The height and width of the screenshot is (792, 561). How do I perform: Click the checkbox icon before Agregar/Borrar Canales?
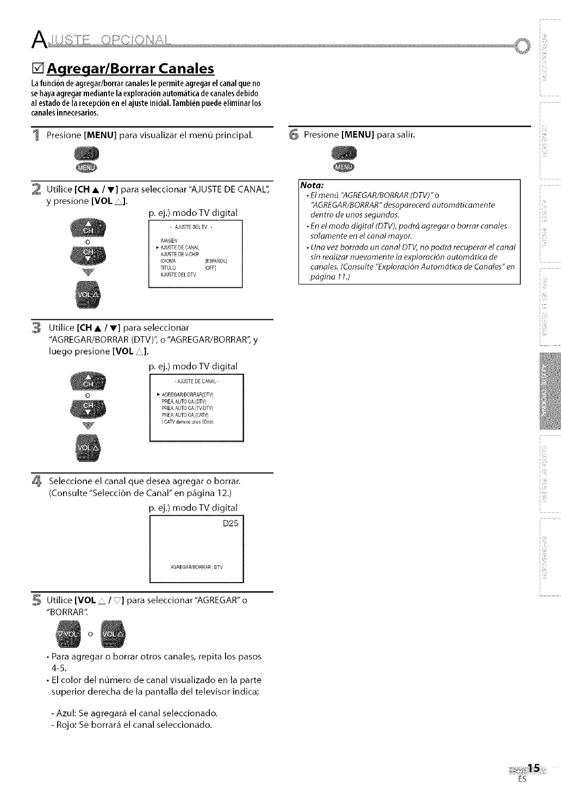point(38,69)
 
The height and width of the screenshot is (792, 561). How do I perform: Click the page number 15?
point(534,768)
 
